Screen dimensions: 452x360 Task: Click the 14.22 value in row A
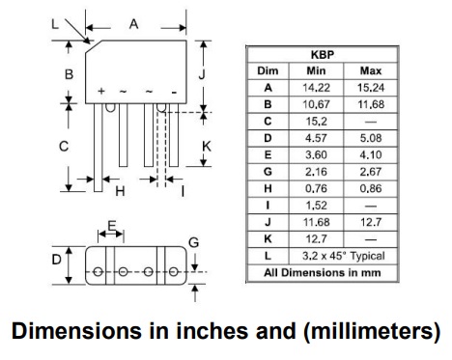pyautogui.click(x=316, y=88)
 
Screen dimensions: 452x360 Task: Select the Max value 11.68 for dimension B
pyautogui.click(x=371, y=104)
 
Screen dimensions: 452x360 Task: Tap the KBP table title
pyautogui.click(x=323, y=55)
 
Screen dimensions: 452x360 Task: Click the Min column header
pyautogui.click(x=316, y=70)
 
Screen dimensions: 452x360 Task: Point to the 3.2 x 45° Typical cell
pyautogui.click(x=343, y=256)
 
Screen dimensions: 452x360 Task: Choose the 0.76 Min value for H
pyautogui.click(x=316, y=188)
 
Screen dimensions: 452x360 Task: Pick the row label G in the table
pyautogui.click(x=268, y=172)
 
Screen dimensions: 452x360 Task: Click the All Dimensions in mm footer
pyautogui.click(x=323, y=273)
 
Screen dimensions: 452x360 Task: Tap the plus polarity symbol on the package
pyautogui.click(x=101, y=91)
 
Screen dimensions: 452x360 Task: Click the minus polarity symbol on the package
pyautogui.click(x=174, y=93)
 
